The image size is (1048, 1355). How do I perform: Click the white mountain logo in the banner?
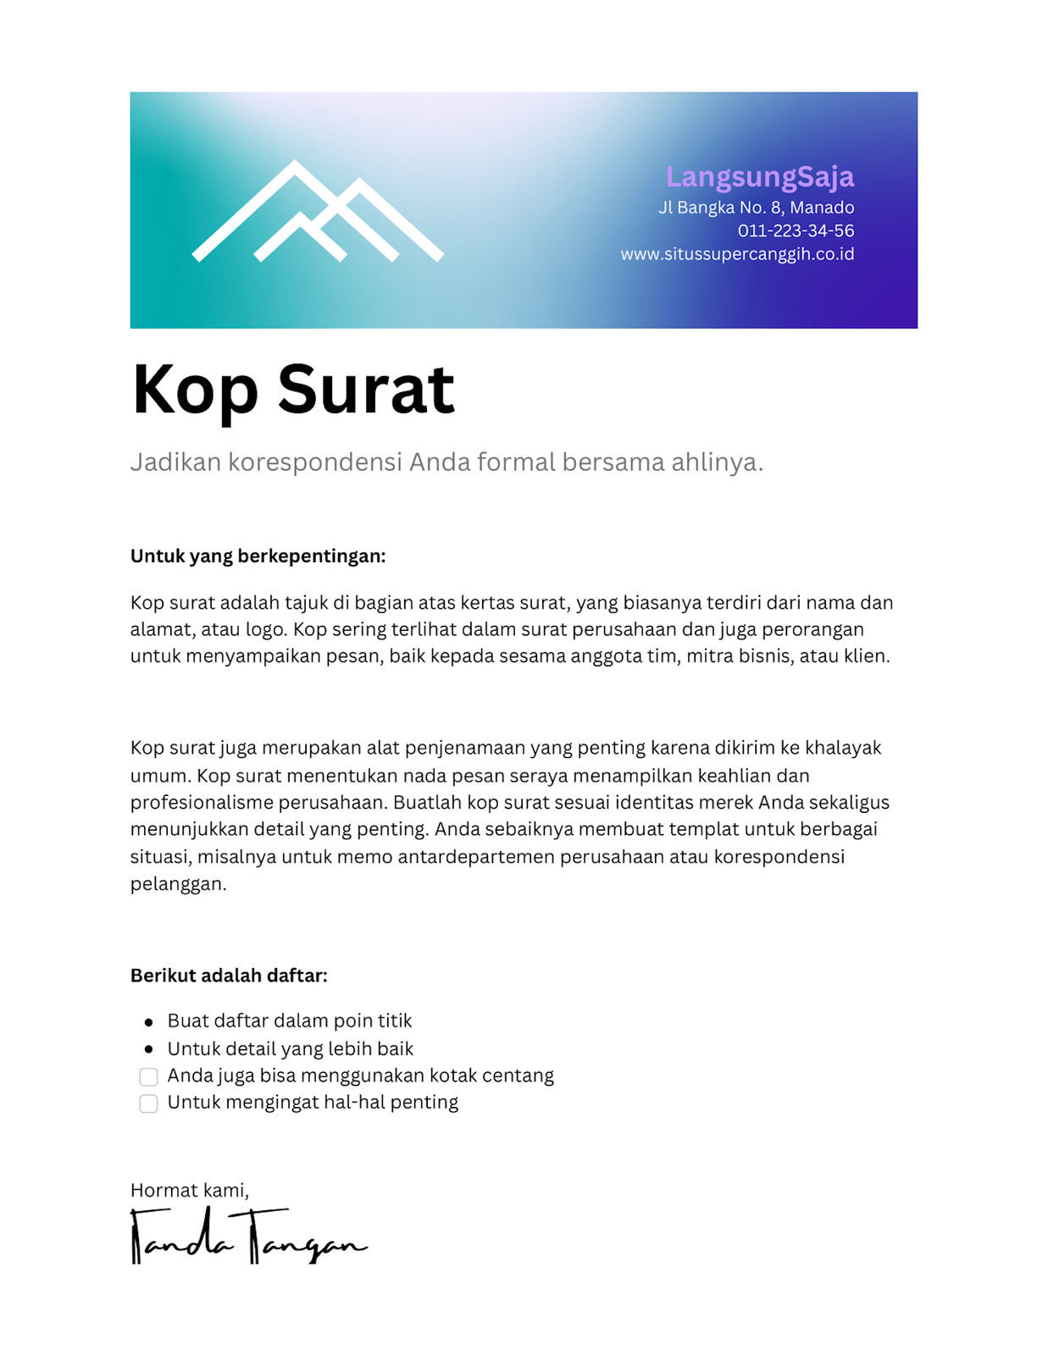coord(317,213)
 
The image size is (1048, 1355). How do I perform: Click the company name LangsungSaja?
coord(759,177)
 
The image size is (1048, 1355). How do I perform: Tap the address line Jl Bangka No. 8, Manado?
coord(756,207)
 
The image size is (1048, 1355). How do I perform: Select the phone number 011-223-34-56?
coord(795,230)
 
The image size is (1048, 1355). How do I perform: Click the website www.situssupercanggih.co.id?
coord(737,254)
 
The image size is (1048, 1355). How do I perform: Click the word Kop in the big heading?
coord(195,390)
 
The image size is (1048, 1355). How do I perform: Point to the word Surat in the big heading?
coord(366,390)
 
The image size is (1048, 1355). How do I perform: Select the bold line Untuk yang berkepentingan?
coord(258,556)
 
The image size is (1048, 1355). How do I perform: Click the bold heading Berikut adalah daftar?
coord(229,976)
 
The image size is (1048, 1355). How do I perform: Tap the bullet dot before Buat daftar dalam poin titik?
coord(149,1022)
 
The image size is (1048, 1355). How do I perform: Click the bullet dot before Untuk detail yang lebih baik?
coord(149,1049)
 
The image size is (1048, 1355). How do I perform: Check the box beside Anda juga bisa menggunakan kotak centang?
coord(148,1076)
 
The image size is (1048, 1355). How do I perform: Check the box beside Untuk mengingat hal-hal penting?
coord(148,1103)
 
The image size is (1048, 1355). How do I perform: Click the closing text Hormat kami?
coord(189,1191)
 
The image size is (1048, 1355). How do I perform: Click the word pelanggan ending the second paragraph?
coord(177,884)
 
